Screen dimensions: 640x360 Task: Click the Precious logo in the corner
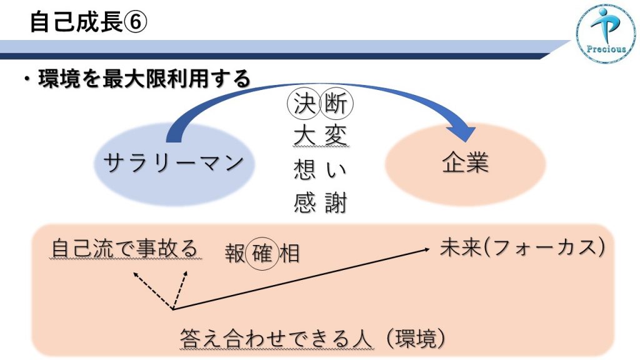pyautogui.click(x=606, y=34)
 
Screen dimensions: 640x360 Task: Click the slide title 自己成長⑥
pyautogui.click(x=88, y=22)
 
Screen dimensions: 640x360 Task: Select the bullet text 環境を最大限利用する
pyautogui.click(x=144, y=78)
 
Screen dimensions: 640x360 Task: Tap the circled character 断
pyautogui.click(x=336, y=104)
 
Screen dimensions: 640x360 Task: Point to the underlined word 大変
pyautogui.click(x=321, y=135)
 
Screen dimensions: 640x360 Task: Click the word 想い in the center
pyautogui.click(x=321, y=169)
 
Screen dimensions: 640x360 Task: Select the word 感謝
pyautogui.click(x=321, y=203)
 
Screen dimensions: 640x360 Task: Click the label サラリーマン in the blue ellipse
pyautogui.click(x=174, y=163)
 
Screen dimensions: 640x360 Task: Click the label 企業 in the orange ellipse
pyautogui.click(x=465, y=162)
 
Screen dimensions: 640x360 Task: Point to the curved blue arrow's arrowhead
pyautogui.click(x=462, y=133)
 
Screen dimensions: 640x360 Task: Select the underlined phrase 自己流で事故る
pyautogui.click(x=125, y=248)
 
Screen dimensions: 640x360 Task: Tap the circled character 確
pyautogui.click(x=262, y=254)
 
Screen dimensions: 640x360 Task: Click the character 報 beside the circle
pyautogui.click(x=235, y=254)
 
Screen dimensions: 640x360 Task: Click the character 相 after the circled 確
pyautogui.click(x=289, y=254)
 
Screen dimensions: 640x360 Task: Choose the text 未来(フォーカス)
pyautogui.click(x=522, y=247)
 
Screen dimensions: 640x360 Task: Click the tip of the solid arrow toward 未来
pyautogui.click(x=429, y=249)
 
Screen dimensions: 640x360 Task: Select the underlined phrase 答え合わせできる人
pyautogui.click(x=276, y=339)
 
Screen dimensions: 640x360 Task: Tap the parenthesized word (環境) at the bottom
pyautogui.click(x=415, y=339)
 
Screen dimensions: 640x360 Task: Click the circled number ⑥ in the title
pyautogui.click(x=136, y=22)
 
